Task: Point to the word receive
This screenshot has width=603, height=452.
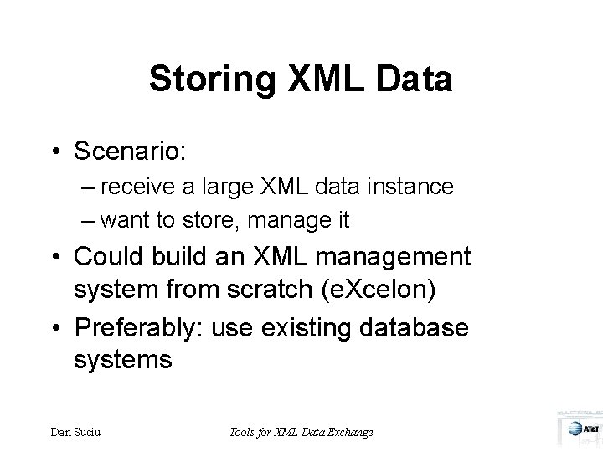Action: [x=152, y=186]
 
